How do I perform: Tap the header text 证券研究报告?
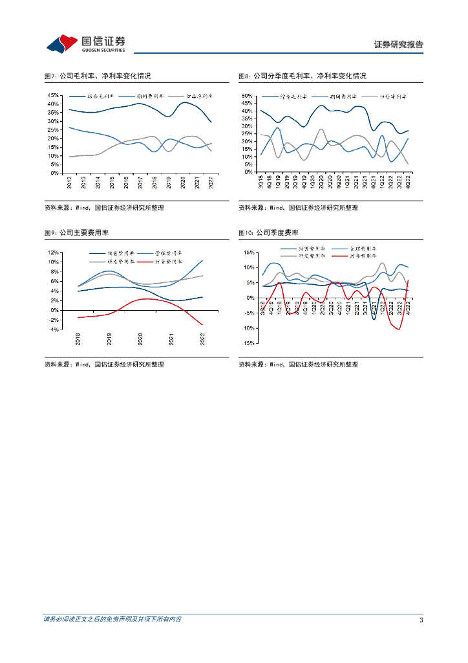399,45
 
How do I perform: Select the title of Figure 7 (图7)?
97,76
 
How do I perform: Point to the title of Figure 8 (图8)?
302,76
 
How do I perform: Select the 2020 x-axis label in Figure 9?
141,339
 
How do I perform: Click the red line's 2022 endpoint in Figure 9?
202,325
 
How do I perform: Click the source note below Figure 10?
298,365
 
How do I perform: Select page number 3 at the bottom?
421,620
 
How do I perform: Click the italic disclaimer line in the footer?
112,620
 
